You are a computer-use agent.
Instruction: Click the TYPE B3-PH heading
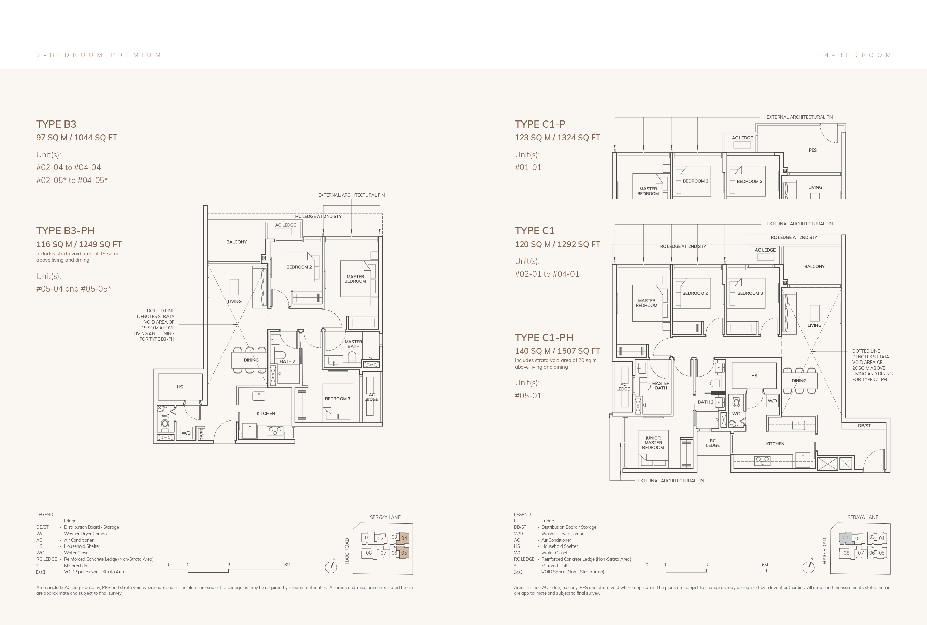pyautogui.click(x=65, y=231)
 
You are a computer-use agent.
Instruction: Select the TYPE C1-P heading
pyautogui.click(x=540, y=124)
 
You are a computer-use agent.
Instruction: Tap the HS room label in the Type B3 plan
pyautogui.click(x=180, y=387)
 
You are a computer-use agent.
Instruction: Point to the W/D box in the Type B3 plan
pyautogui.click(x=186, y=433)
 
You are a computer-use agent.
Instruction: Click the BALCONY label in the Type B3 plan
pyautogui.click(x=236, y=242)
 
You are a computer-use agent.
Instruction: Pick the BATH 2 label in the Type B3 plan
pyautogui.click(x=287, y=361)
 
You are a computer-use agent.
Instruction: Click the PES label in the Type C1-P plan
pyautogui.click(x=813, y=150)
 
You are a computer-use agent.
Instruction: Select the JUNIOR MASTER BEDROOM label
pyautogui.click(x=653, y=443)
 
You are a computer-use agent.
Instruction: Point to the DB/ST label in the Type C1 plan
pyautogui.click(x=864, y=426)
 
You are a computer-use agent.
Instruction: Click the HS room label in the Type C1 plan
pyautogui.click(x=754, y=376)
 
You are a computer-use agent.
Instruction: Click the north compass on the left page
pyautogui.click(x=331, y=566)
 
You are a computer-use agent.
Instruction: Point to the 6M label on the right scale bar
pyautogui.click(x=765, y=565)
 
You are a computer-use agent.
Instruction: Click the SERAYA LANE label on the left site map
pyautogui.click(x=385, y=517)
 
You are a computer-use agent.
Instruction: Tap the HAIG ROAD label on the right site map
pyautogui.click(x=824, y=551)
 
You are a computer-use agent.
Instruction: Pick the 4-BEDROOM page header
pyautogui.click(x=858, y=55)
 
